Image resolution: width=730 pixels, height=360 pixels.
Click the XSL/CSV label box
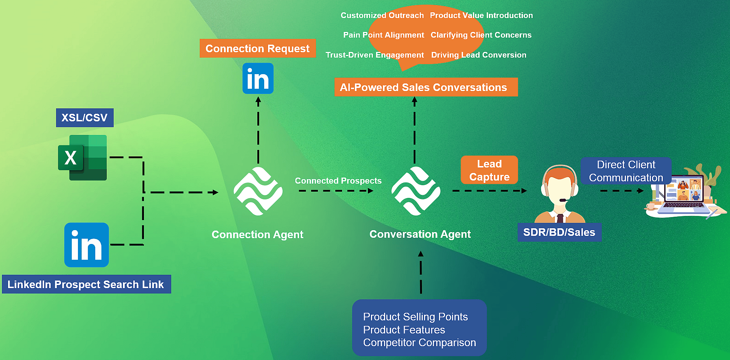click(x=84, y=118)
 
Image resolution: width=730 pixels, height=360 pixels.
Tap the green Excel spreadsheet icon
click(x=83, y=158)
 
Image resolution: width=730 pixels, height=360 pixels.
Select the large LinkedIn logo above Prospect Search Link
click(x=86, y=245)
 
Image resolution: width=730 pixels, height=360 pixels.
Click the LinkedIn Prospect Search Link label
click(x=86, y=284)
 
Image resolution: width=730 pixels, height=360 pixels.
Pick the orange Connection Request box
click(x=257, y=48)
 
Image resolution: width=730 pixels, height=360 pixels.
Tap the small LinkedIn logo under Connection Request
click(x=258, y=78)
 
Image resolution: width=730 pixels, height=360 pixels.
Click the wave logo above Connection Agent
click(x=258, y=191)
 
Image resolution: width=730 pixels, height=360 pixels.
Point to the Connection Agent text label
click(x=257, y=234)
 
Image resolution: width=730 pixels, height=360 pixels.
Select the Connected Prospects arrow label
click(x=338, y=181)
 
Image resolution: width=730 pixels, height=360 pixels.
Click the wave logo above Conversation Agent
click(x=415, y=191)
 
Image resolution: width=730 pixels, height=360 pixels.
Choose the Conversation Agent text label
click(x=420, y=234)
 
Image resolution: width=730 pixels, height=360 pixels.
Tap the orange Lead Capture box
click(x=489, y=170)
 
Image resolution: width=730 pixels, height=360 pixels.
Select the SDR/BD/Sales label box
click(x=559, y=232)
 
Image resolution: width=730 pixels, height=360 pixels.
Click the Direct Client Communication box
click(x=626, y=171)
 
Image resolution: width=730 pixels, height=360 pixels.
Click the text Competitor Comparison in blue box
click(x=419, y=342)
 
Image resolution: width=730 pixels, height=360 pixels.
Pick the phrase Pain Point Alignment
click(x=383, y=35)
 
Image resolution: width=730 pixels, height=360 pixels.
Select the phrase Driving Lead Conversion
click(x=478, y=55)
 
